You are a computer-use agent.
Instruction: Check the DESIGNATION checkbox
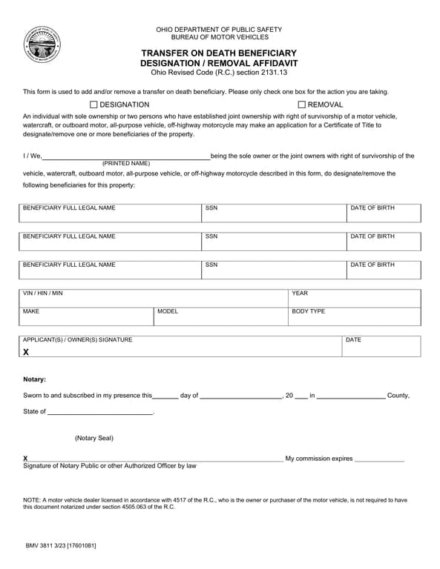[x=94, y=104]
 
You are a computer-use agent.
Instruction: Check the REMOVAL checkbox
[x=302, y=104]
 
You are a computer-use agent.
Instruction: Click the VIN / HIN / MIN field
[x=154, y=299]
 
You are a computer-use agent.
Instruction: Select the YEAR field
[x=355, y=299]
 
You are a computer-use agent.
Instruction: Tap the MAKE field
[x=86, y=318]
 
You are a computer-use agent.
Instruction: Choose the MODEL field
[x=220, y=318]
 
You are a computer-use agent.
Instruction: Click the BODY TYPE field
[x=355, y=318]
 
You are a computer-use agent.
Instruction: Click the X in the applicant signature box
[x=26, y=352]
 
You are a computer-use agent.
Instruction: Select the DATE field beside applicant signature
[x=381, y=347]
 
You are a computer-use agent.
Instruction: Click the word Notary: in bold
[x=34, y=379]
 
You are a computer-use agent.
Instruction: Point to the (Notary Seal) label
[x=94, y=438]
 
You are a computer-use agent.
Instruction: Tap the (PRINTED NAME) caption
[x=126, y=163]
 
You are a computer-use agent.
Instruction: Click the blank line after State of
[x=99, y=411]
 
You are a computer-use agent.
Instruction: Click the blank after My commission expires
[x=379, y=459]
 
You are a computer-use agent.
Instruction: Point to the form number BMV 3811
[x=44, y=545]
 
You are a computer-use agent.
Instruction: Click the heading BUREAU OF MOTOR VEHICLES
[x=219, y=37]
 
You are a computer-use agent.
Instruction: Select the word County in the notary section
[x=398, y=396]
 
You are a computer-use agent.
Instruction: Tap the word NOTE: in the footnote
[x=33, y=500]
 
